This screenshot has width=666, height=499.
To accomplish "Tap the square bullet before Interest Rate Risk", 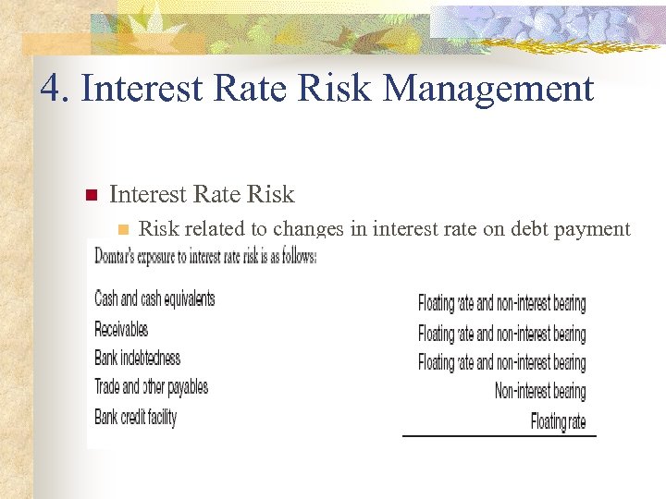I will pos(91,195).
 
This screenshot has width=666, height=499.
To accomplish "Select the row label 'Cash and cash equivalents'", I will pos(154,298).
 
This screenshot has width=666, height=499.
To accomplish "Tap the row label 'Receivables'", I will pos(121,328).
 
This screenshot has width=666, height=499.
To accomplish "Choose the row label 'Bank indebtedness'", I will pos(137,358).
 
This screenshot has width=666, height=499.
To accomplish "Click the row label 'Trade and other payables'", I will pos(151,387).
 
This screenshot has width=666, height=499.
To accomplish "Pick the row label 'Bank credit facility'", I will pos(135,417).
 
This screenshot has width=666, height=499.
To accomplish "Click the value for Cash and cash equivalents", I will pos(501,303).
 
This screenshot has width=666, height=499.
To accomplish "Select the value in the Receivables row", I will pos(501,333).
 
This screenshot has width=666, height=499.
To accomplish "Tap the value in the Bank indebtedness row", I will pos(501,362).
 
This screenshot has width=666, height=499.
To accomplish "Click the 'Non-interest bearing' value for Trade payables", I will pos(540,392).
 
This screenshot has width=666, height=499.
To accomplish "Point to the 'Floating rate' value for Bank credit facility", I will pos(558,421).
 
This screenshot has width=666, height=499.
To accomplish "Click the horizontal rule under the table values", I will pos(499,435).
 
